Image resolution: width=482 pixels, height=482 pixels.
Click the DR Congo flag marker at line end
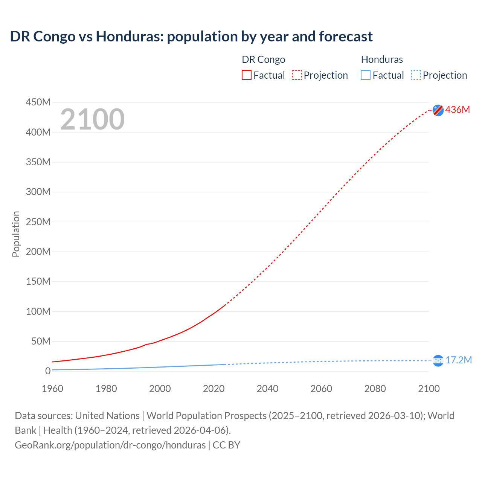coord(438,110)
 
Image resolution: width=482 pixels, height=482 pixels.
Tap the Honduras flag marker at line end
coord(438,361)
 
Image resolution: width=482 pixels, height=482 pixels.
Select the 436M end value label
coord(458,110)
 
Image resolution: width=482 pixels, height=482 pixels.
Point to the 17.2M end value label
coord(458,360)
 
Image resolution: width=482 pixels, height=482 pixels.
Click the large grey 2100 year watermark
coord(92,119)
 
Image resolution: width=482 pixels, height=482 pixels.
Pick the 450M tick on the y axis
coord(38,102)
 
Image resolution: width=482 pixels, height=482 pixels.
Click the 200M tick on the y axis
coord(38,252)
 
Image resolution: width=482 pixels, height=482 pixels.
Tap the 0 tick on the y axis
coord(48,371)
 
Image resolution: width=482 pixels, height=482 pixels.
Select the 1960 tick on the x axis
coord(52,389)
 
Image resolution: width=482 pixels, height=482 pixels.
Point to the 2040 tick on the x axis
coord(267,389)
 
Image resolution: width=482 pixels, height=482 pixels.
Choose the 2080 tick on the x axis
coord(375,389)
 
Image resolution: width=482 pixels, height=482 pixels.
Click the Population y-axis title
coord(16,234)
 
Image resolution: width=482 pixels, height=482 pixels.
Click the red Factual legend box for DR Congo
coord(247,75)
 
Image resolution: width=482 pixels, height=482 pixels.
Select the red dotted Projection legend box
coord(297,75)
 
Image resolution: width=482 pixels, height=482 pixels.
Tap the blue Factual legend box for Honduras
coord(366,75)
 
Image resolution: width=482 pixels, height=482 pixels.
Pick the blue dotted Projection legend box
coord(416,75)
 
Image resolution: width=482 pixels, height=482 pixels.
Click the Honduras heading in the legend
coord(382,59)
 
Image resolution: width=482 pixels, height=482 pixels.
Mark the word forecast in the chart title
coord(346,37)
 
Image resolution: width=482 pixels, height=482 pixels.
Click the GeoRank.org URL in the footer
coord(110,445)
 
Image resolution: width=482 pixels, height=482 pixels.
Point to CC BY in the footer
coord(226,445)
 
